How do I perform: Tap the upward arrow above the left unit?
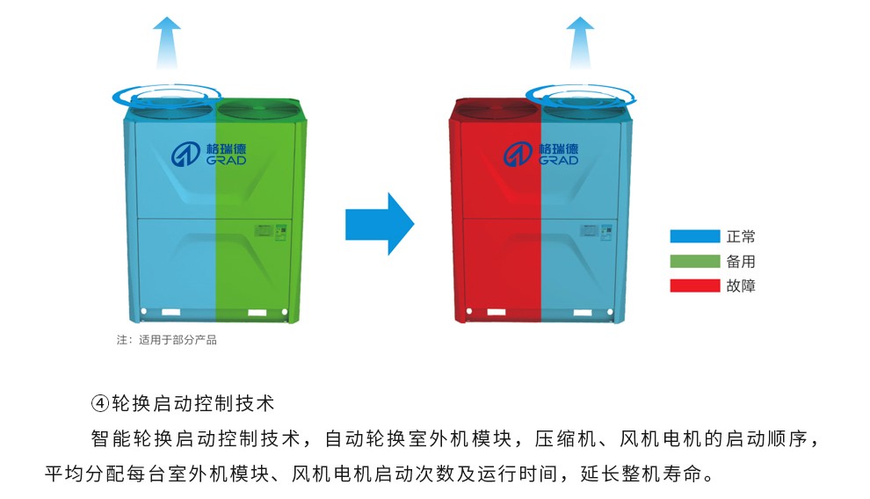click(167, 42)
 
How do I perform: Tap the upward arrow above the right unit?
click(579, 42)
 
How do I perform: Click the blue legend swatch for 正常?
click(694, 236)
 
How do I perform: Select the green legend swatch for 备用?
click(694, 261)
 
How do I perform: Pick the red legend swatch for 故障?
click(694, 286)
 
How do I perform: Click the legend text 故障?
click(741, 286)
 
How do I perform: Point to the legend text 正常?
click(741, 236)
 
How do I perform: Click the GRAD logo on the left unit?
click(209, 154)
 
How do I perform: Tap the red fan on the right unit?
click(492, 110)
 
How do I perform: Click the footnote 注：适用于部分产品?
click(166, 340)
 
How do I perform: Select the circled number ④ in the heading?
click(99, 404)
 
